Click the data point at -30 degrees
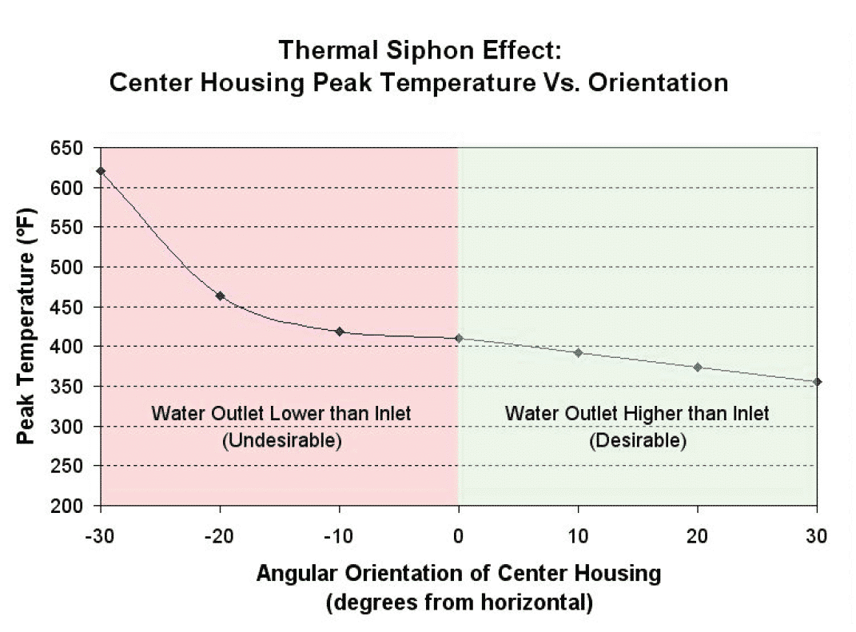click(101, 171)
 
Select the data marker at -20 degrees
click(221, 296)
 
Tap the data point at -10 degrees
click(340, 332)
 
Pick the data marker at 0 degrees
click(459, 338)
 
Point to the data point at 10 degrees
click(578, 352)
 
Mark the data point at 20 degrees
click(698, 368)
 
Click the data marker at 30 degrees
click(817, 382)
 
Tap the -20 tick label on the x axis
click(218, 535)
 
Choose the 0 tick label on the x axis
click(459, 535)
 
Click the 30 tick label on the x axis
click(817, 535)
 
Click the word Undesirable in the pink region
click(281, 441)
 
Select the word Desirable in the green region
click(637, 441)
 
